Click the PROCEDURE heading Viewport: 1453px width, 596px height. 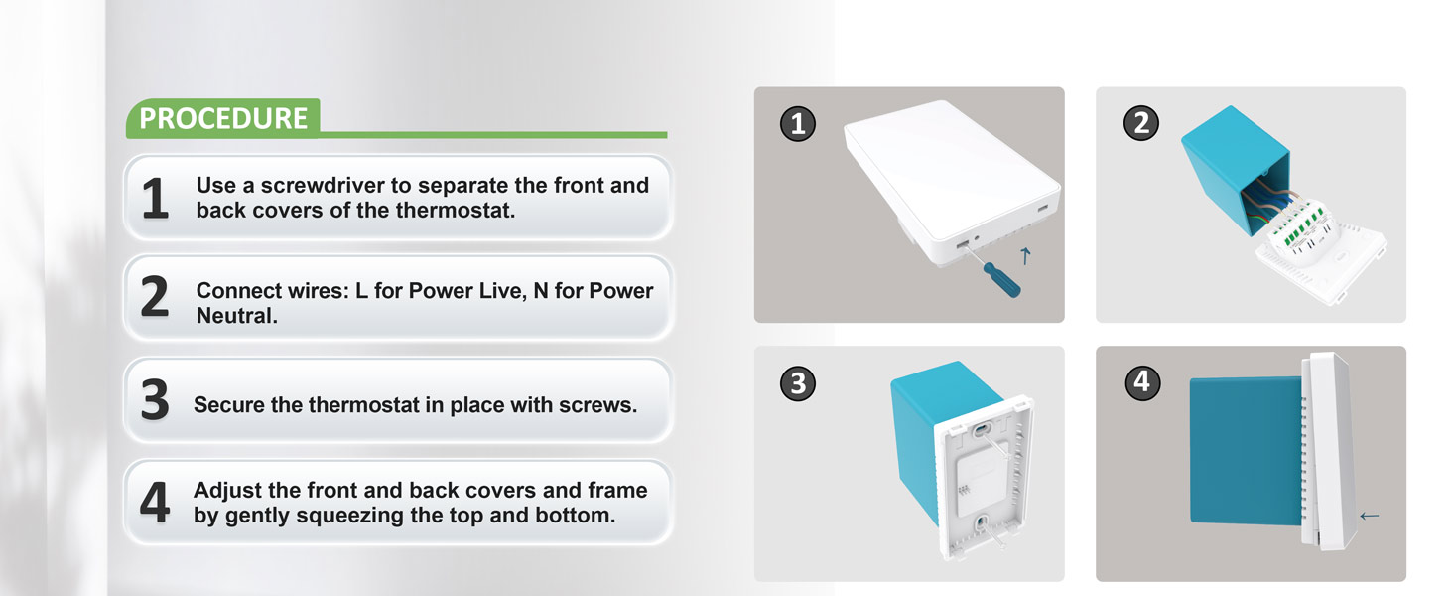[223, 118]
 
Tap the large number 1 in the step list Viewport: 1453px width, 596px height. [155, 199]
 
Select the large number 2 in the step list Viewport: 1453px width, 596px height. [155, 298]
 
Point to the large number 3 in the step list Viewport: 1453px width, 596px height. [155, 401]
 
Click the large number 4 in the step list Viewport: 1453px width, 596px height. [155, 503]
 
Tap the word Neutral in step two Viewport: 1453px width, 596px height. [233, 316]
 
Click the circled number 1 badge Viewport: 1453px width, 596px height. [798, 124]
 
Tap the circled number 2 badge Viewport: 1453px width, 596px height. [1140, 124]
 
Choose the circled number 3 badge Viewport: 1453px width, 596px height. [798, 383]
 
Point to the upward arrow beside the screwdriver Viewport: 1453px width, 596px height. [1025, 256]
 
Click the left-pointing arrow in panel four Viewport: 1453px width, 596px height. [1370, 516]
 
